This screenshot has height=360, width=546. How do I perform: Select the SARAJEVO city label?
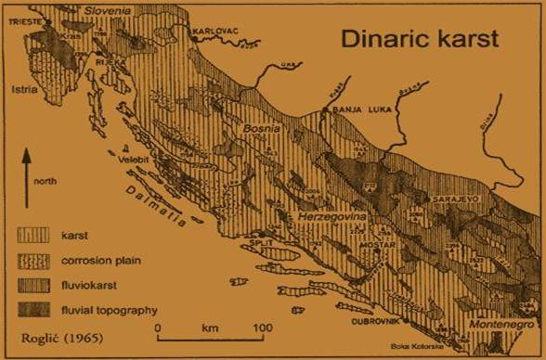[453, 199]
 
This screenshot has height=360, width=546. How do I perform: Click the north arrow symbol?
[29, 168]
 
